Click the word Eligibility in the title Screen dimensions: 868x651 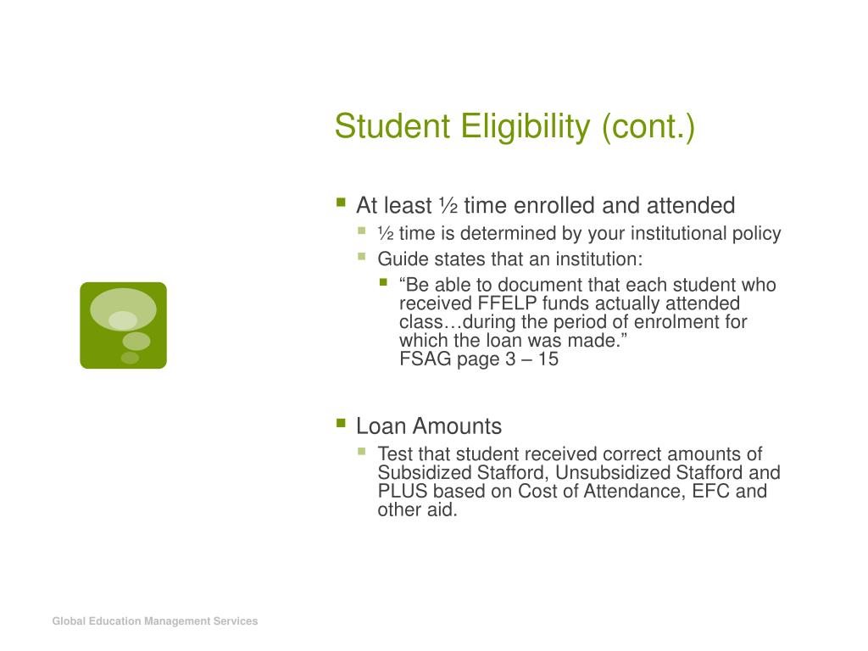[x=526, y=128]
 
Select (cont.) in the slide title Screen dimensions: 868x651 [x=648, y=127]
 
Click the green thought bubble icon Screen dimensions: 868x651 [x=124, y=325]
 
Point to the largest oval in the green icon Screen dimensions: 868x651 [x=123, y=309]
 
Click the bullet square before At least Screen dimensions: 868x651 [x=341, y=202]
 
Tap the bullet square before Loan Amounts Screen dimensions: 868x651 [x=341, y=424]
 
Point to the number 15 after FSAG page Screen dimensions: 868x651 [x=548, y=359]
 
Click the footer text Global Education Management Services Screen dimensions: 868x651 [x=155, y=621]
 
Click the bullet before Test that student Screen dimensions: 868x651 [x=362, y=451]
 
